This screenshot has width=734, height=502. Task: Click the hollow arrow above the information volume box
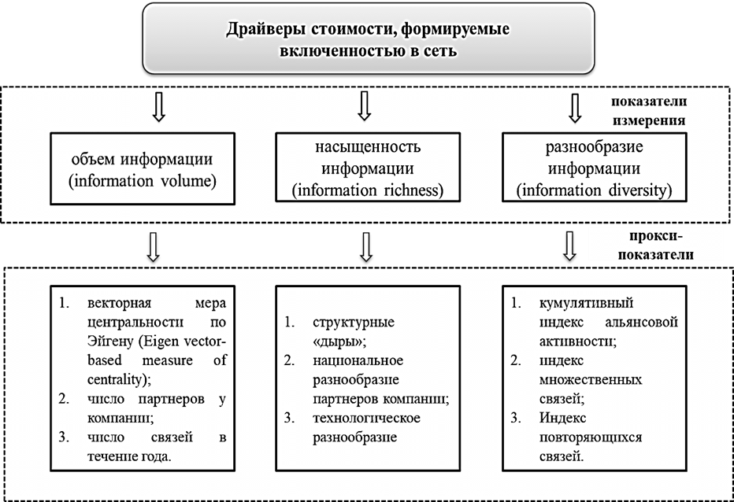tap(158, 108)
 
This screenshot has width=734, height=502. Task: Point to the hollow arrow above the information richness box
tap(364, 106)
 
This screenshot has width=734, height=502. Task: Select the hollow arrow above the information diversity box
tap(574, 108)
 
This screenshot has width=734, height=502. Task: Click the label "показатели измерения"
tap(649, 113)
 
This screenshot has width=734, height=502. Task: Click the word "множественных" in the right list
tap(579, 380)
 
